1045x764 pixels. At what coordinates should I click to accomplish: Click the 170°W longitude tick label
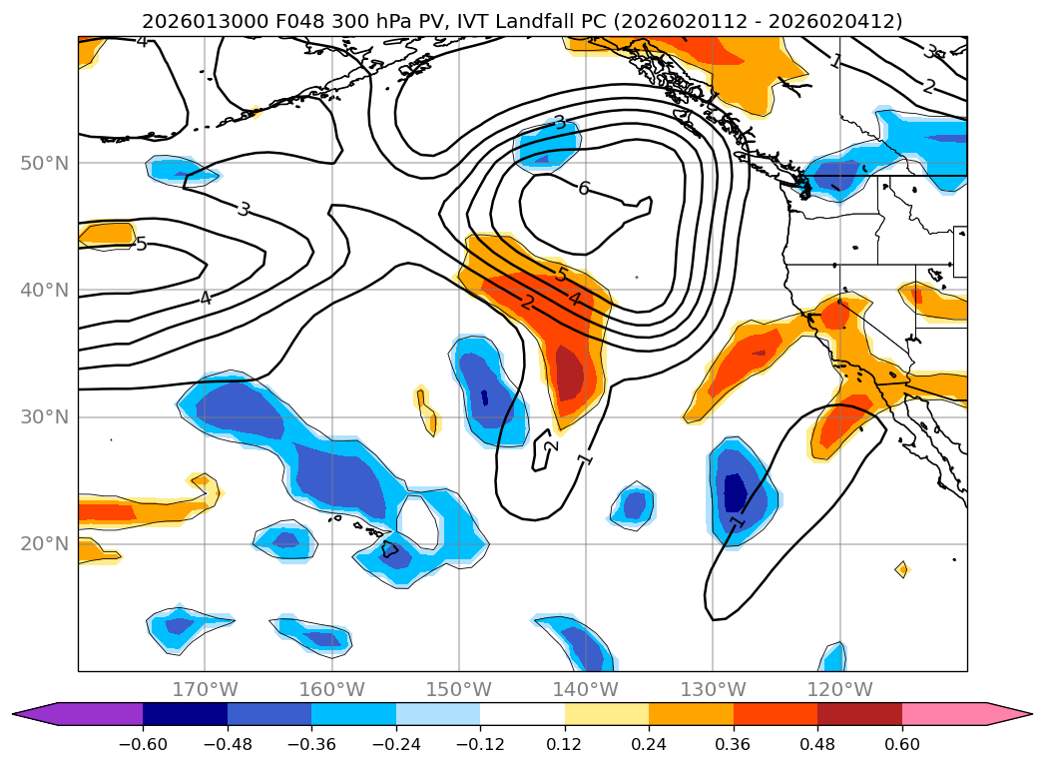coord(205,689)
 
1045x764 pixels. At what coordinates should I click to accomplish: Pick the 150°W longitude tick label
coord(458,689)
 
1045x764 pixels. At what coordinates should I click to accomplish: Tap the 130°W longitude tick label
coord(713,689)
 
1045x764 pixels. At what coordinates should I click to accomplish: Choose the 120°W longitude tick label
coord(839,689)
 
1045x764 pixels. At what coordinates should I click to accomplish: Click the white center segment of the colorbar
coord(522,714)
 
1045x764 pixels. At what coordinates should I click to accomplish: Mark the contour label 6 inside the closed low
coord(584,189)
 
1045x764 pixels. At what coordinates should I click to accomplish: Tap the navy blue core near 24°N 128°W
coord(735,491)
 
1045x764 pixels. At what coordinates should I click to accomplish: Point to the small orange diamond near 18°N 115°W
coord(901,569)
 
